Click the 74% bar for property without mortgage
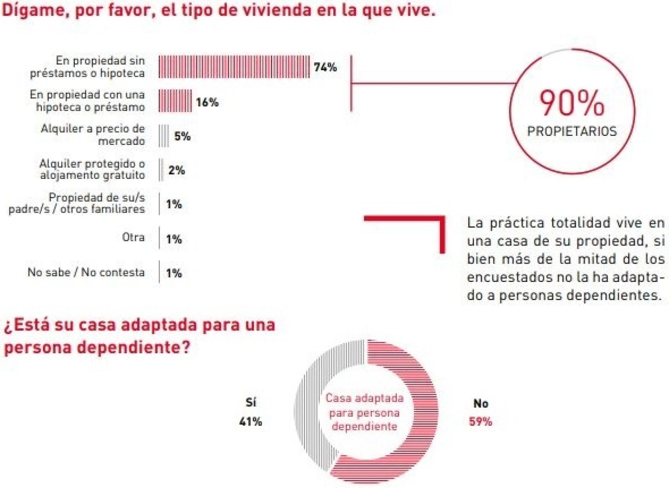(x=234, y=67)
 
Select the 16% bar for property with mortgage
(x=175, y=101)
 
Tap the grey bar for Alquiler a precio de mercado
(x=164, y=136)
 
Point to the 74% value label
(x=325, y=67)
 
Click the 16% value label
(x=207, y=102)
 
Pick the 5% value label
(x=182, y=136)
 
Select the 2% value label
(x=176, y=170)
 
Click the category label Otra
(x=133, y=237)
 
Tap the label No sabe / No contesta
(x=86, y=272)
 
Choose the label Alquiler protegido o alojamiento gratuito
(x=92, y=169)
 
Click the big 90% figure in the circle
(x=572, y=103)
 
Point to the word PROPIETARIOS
(x=572, y=131)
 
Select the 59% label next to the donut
(x=480, y=421)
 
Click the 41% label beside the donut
(x=251, y=421)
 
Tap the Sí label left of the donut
(x=251, y=402)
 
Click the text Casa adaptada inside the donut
(x=364, y=398)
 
